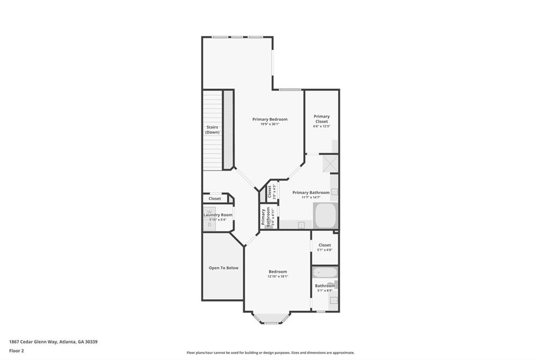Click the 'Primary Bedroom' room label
(269, 119)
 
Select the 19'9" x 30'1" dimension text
(269, 125)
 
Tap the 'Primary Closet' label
(321, 119)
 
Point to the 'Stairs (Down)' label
(212, 129)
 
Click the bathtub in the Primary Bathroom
(324, 215)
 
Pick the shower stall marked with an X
(330, 163)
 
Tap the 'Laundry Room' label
(218, 215)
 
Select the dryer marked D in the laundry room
(209, 225)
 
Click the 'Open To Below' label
(223, 268)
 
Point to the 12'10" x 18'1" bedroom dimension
(277, 277)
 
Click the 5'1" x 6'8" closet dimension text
(324, 250)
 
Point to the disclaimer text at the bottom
(270, 353)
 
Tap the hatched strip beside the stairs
(228, 129)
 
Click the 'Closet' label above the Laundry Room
(214, 198)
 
